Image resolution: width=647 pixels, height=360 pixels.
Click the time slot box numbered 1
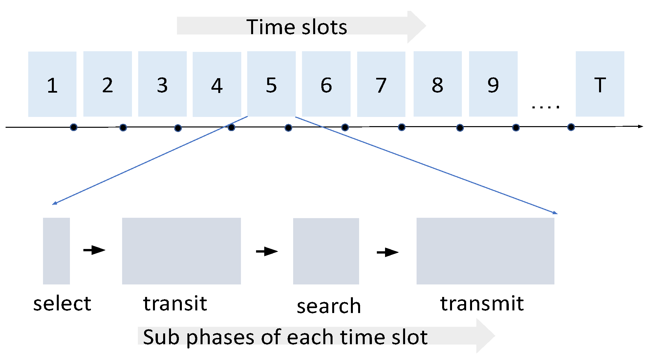pos(52,84)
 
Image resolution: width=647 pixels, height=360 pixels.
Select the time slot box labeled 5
pos(271,84)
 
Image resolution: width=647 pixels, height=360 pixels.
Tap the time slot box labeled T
pos(600,84)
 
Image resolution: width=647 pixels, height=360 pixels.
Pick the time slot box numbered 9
pos(493,84)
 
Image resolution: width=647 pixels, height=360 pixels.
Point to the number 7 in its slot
pos(381,85)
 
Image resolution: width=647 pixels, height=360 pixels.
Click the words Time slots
pos(296,27)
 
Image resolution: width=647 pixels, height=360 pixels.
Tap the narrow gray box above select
pos(56,251)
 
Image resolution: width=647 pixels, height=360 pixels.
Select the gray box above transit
pos(181,251)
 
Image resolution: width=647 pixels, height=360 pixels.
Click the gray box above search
pos(326,251)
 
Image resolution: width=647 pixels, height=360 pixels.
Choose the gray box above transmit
pos(485,251)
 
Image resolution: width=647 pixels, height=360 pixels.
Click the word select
pos(62,304)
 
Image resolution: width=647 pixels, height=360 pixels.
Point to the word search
pos(329,306)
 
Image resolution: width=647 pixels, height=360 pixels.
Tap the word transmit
pos(482,304)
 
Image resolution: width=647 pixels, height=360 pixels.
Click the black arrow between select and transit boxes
pos(94,250)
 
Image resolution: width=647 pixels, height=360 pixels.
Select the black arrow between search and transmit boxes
pos(387,252)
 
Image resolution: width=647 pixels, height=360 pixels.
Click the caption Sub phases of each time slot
pos(285,337)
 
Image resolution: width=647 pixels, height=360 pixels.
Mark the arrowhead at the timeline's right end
pos(640,126)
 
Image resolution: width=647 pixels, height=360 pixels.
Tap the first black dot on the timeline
pos(74,127)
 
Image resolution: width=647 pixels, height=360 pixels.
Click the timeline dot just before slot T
pos(571,127)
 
